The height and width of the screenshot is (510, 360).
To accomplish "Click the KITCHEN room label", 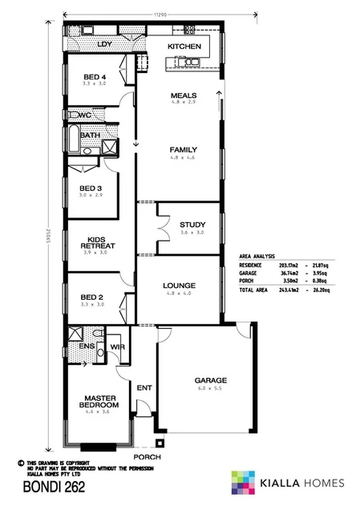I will click(184, 47).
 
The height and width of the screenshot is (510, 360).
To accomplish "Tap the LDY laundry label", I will click(103, 45).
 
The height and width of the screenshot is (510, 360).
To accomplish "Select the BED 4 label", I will click(95, 78).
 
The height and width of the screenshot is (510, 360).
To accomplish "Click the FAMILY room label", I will click(183, 150).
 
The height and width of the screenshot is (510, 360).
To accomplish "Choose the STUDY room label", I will click(193, 225).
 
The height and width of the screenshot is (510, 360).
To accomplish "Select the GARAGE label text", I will click(211, 380).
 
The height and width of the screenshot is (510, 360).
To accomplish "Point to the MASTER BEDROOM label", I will click(101, 402).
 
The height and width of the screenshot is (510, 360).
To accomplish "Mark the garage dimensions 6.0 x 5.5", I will click(211, 390).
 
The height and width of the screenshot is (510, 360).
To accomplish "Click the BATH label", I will click(89, 136).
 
